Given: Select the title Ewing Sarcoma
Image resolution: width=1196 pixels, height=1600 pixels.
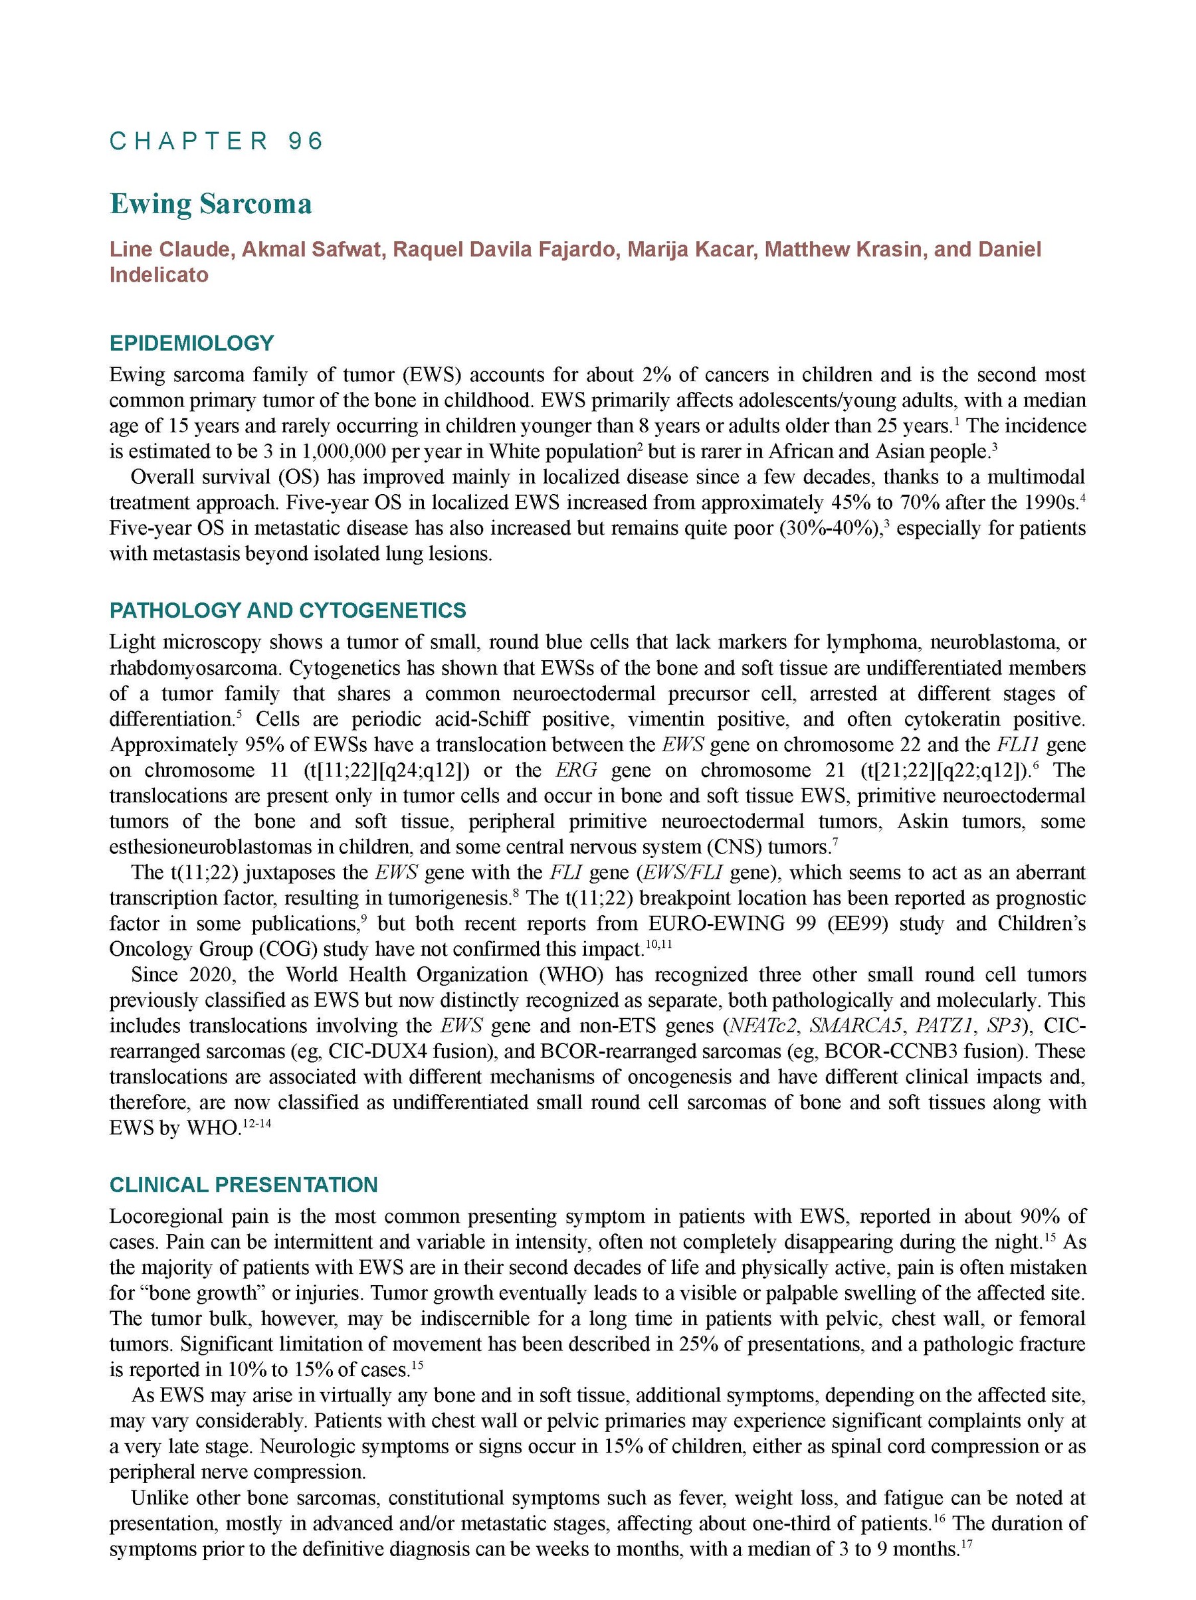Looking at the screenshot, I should pyautogui.click(x=211, y=204).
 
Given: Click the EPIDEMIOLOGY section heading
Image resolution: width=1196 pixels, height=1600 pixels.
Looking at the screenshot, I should pyautogui.click(x=192, y=343).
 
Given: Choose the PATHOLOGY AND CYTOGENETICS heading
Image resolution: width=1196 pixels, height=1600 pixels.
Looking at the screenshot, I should pyautogui.click(x=287, y=610).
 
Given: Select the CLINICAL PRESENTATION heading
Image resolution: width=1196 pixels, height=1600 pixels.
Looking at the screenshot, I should pyautogui.click(x=243, y=1185).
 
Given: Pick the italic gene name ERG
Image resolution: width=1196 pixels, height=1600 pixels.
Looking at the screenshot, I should pyautogui.click(x=576, y=770).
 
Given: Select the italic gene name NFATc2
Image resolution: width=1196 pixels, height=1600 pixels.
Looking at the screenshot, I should pyautogui.click(x=763, y=1025).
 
